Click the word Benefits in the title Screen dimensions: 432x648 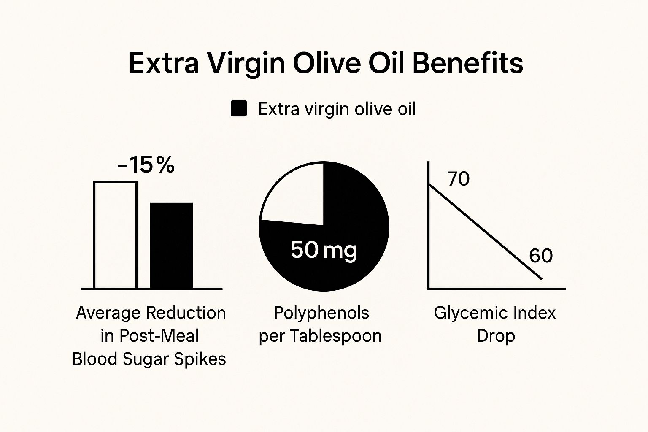click(467, 63)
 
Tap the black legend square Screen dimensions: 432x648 click(239, 109)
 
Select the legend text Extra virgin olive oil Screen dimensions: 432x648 click(337, 109)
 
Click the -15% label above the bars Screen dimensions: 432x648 click(146, 165)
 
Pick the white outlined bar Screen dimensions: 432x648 click(115, 235)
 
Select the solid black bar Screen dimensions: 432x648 click(171, 246)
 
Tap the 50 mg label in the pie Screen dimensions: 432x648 click(324, 249)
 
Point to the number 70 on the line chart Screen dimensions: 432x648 click(459, 179)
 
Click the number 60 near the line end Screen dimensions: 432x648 click(540, 256)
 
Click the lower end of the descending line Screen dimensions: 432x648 click(540, 278)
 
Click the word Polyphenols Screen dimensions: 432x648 click(321, 313)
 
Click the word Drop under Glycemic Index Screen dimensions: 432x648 click(496, 336)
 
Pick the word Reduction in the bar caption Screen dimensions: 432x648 click(186, 313)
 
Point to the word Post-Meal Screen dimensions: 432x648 click(159, 336)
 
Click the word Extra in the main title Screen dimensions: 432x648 click(164, 63)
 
